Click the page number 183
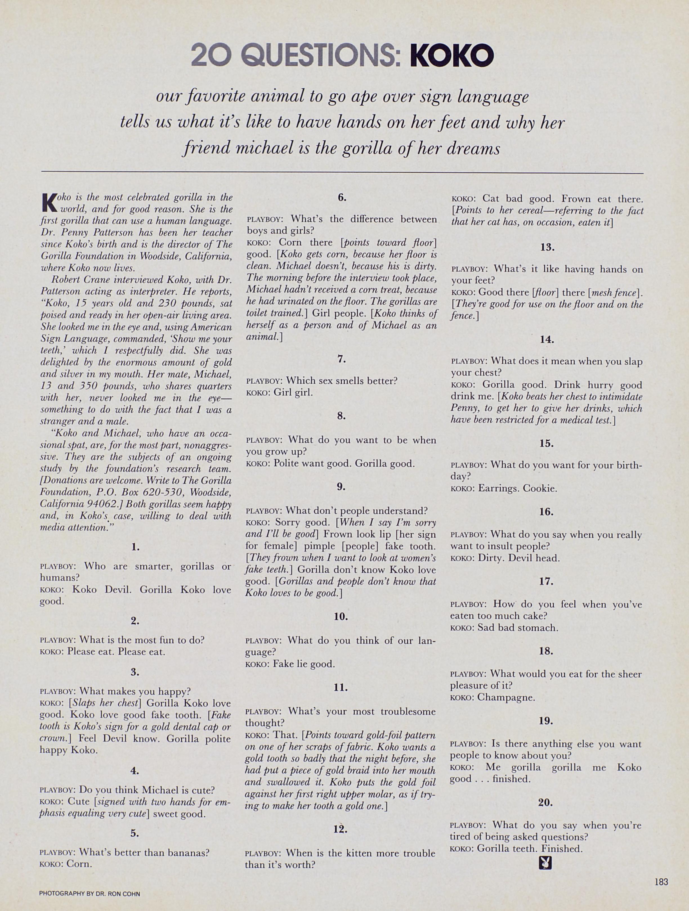[x=661, y=882]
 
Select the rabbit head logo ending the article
[x=545, y=863]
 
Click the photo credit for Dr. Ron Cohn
[x=90, y=894]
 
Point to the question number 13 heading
[x=547, y=248]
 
